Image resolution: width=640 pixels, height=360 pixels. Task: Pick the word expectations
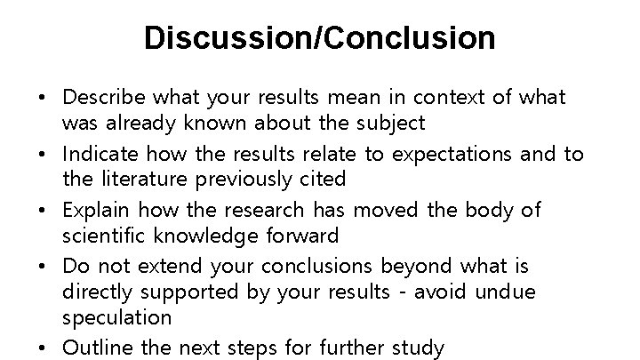(460, 155)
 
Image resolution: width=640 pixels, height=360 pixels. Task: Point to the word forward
(301, 236)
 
